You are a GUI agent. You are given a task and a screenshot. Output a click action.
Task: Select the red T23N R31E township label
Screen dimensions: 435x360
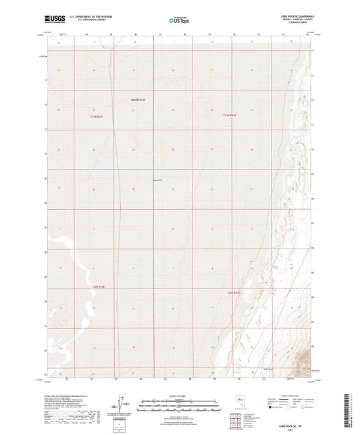pos(97,116)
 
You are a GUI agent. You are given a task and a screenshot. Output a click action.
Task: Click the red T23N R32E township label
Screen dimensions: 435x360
pos(230,116)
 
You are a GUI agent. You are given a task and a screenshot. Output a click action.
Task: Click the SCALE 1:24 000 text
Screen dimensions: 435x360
pos(179,395)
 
